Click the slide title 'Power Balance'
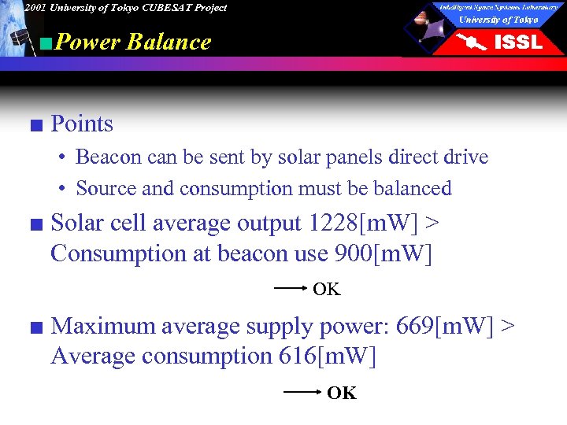tap(134, 42)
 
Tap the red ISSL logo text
tap(517, 42)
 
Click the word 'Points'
tap(82, 124)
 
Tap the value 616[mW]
tap(327, 356)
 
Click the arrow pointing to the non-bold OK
tap(291, 289)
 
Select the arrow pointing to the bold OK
tap(302, 391)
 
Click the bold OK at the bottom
tap(342, 393)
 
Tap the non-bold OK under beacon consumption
tap(327, 290)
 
